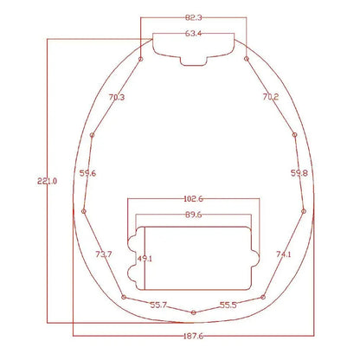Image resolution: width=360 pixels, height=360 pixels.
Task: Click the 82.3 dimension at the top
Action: (x=193, y=17)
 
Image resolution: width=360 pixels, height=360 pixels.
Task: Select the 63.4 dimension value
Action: (x=193, y=34)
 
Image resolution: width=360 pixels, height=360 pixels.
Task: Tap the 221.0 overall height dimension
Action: (x=48, y=182)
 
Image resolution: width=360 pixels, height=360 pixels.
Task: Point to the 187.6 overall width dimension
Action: (x=193, y=336)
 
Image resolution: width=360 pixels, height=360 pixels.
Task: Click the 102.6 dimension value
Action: (x=193, y=199)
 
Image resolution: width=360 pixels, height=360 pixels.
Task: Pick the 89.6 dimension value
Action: (x=193, y=215)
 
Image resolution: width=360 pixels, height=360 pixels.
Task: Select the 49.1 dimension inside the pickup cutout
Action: (x=145, y=259)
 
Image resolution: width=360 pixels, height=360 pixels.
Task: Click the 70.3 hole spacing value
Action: (x=117, y=97)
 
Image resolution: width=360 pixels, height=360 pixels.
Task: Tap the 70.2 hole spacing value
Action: (x=271, y=97)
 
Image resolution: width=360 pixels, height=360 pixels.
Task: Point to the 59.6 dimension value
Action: (x=87, y=173)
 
